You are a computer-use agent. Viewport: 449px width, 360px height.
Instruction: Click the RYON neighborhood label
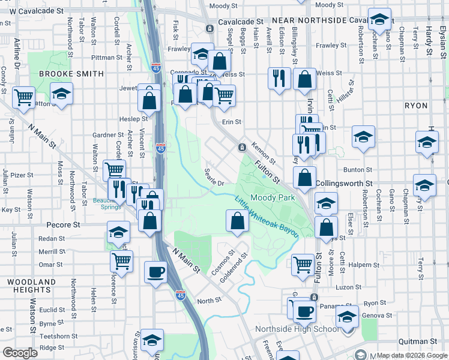(416, 106)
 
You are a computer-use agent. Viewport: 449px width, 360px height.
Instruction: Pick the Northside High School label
(297, 329)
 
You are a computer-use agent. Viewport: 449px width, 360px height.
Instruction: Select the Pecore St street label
(64, 226)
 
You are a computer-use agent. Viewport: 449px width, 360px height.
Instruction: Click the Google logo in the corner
(20, 353)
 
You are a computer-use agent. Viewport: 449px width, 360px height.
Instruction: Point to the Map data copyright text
(412, 355)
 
